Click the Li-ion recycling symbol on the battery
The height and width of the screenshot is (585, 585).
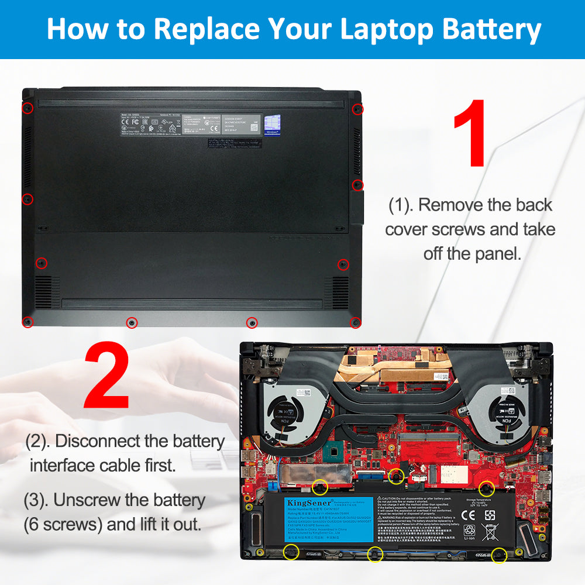click(x=469, y=532)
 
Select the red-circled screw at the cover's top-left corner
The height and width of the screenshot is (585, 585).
click(x=27, y=108)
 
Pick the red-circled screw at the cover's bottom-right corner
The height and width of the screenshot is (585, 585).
click(x=355, y=322)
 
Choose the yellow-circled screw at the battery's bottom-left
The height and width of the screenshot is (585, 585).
click(x=290, y=551)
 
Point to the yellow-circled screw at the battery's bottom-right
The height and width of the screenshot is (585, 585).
click(x=499, y=555)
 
